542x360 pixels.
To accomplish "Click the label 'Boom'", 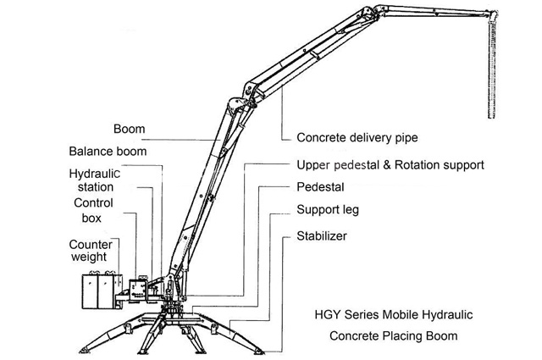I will pos(129,130).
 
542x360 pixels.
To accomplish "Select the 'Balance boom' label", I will pos(107,152).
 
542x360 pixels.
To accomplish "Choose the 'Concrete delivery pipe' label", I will pos(357,137).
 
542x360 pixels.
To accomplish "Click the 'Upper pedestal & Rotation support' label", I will pos(390,164).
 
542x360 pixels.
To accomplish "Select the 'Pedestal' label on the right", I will pos(319,186).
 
